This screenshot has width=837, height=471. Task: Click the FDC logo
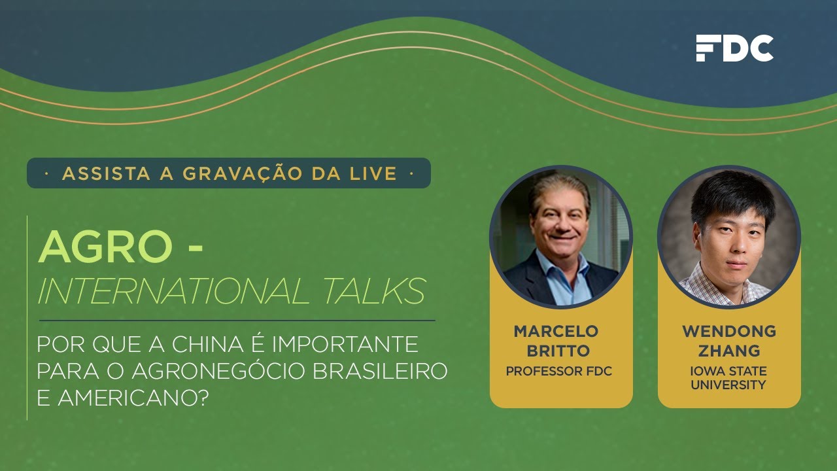pos(734,48)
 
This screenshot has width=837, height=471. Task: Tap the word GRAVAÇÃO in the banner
pos(243,174)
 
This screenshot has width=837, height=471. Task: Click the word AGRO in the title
pos(105,247)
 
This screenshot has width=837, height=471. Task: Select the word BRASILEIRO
pos(380,371)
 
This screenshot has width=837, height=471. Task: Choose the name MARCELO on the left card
pos(556,331)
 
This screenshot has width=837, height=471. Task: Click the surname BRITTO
pos(558,351)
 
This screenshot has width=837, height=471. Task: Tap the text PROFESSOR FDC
pos(559,371)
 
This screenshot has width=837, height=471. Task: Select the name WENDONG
pos(729,331)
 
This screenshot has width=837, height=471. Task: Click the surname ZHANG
pos(729,351)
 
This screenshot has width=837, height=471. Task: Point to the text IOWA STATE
pos(728,371)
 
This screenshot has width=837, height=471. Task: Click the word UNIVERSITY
pos(728,385)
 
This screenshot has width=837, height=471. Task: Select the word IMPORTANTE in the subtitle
pos(345,344)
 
